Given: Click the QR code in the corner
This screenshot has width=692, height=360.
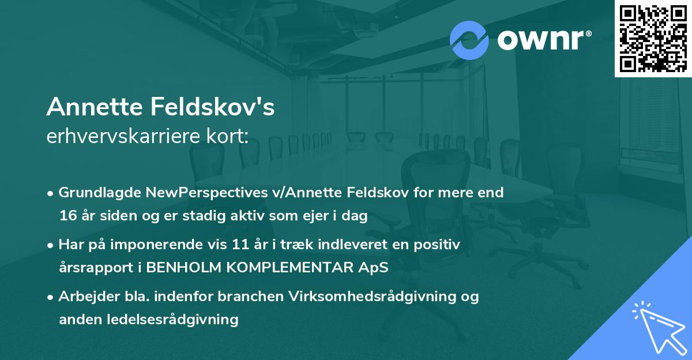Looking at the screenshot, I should [653, 39].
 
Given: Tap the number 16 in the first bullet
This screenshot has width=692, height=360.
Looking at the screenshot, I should [67, 216].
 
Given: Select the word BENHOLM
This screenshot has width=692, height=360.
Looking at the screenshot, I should [174, 268].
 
